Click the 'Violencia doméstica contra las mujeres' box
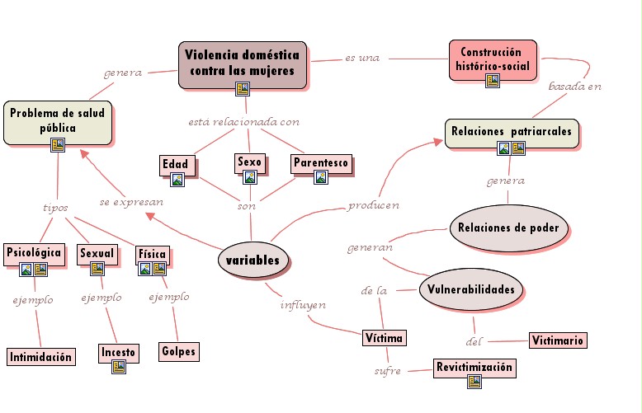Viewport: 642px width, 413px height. click(x=242, y=63)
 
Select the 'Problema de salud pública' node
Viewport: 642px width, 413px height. click(x=58, y=121)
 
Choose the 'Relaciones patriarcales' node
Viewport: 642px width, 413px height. click(x=512, y=132)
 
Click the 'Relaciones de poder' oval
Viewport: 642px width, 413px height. click(x=510, y=228)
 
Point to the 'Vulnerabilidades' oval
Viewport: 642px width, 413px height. click(x=471, y=289)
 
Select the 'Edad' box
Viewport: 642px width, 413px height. click(x=175, y=164)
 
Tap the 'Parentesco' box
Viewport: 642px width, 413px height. click(x=321, y=162)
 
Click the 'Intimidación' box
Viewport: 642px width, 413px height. click(x=41, y=357)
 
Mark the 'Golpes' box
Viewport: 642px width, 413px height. click(x=179, y=351)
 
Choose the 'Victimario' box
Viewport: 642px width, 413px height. click(x=558, y=340)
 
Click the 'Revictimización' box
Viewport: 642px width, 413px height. click(x=474, y=368)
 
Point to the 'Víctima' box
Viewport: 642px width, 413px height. click(x=385, y=338)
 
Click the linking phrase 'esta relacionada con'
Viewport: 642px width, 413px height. click(x=243, y=122)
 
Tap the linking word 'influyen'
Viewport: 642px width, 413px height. click(x=302, y=305)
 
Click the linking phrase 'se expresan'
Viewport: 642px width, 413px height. click(x=131, y=201)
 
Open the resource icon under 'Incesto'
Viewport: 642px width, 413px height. click(x=118, y=367)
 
